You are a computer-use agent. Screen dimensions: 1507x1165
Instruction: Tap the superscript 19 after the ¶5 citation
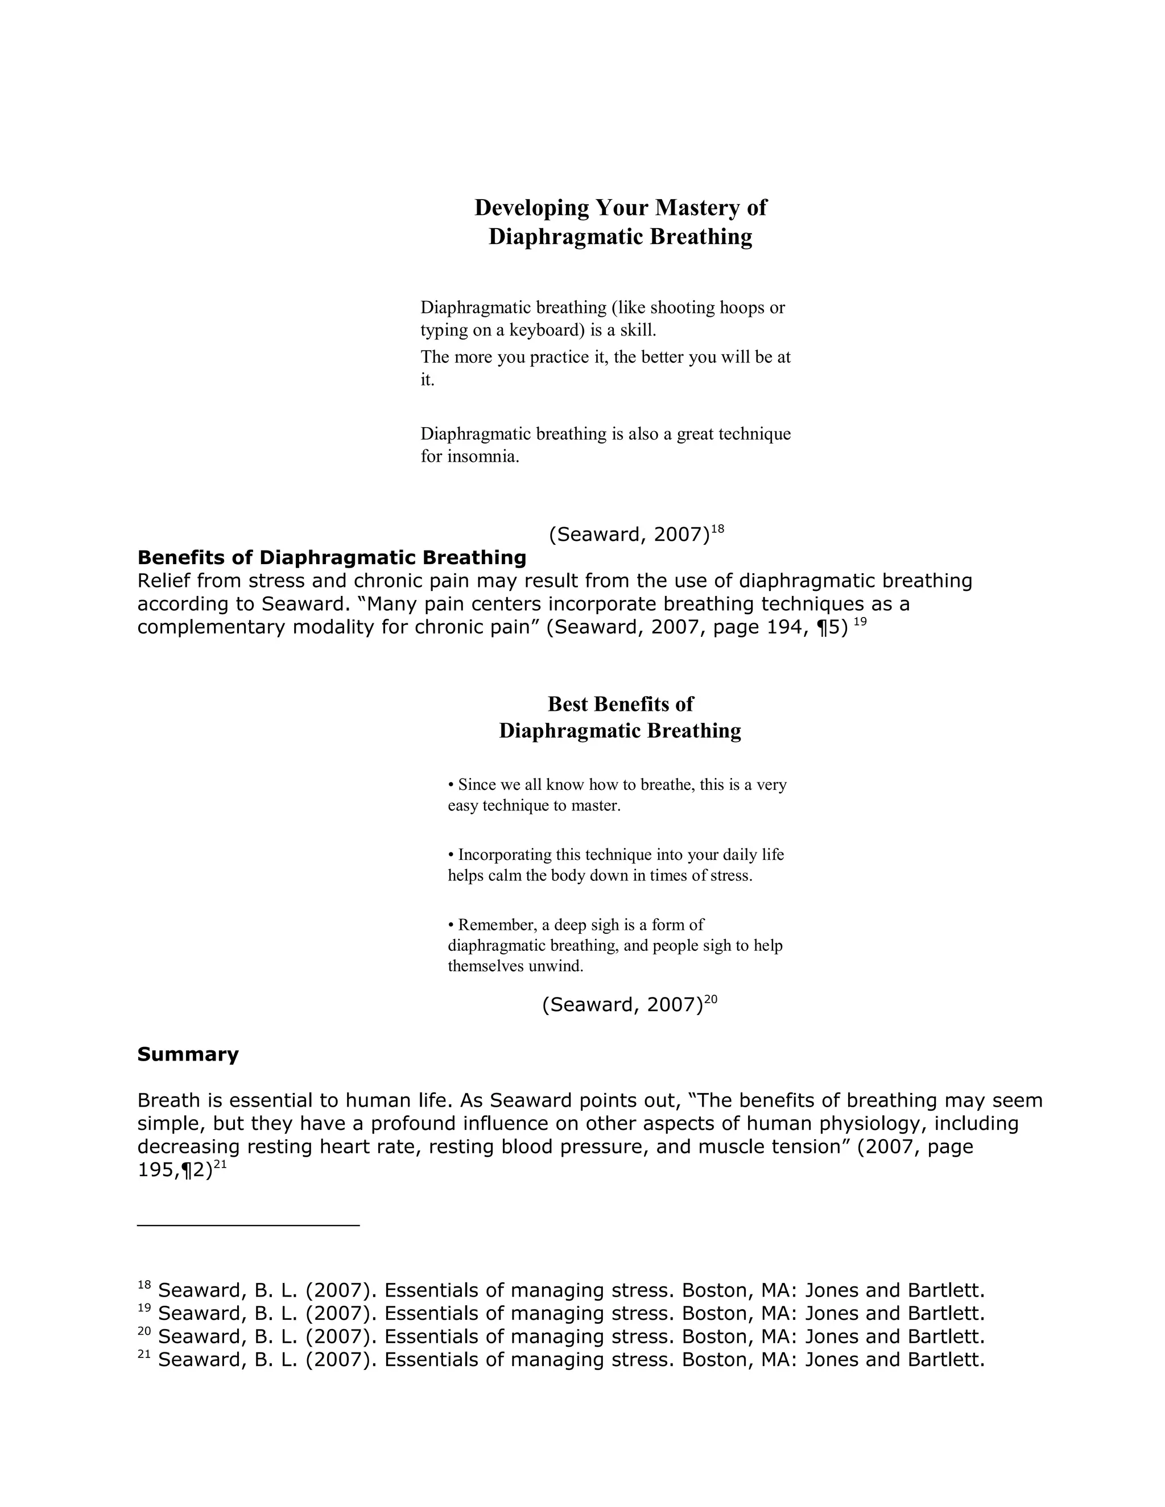[860, 622]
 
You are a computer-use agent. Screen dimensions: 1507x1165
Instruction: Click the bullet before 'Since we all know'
[451, 785]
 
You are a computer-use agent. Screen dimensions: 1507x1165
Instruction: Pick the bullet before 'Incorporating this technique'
[451, 855]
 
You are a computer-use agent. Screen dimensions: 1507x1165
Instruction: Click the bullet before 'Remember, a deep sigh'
[451, 925]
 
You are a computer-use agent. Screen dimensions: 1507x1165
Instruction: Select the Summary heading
[188, 1054]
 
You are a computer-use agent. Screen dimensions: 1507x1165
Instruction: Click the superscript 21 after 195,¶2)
[220, 1164]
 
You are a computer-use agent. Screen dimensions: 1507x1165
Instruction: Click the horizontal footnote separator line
[249, 1226]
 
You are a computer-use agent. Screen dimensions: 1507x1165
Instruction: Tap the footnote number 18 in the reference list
[144, 1285]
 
